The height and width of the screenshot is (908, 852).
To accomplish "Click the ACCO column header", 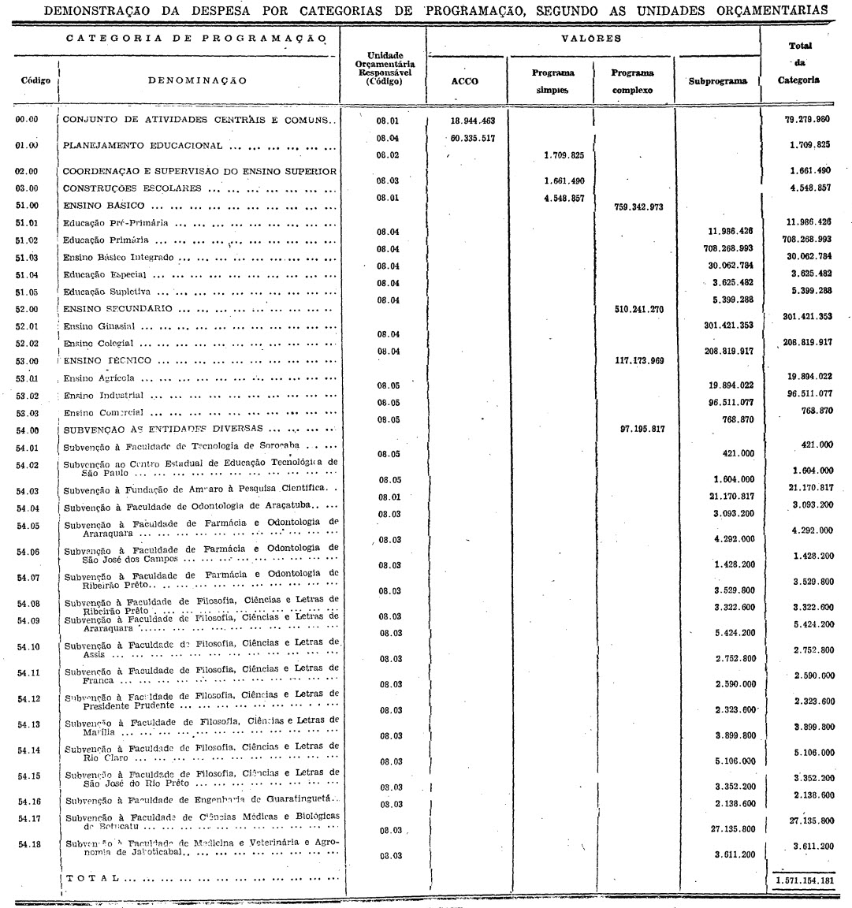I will coord(465,81).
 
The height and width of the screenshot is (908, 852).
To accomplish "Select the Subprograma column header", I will coord(717,81).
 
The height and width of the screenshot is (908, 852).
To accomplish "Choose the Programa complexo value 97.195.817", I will coord(638,429).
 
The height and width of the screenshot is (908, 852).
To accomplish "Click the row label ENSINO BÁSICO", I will coord(103,207).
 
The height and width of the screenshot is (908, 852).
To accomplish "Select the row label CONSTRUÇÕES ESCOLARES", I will coord(132,188).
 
